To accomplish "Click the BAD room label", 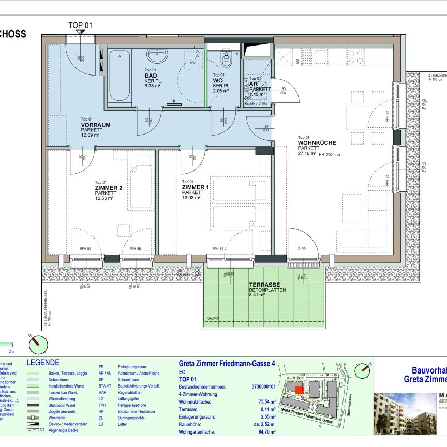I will coord(151,76).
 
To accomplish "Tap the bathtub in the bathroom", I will coord(120,76).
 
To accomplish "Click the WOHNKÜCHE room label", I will coord(317,143).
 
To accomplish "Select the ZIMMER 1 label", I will coord(196,187).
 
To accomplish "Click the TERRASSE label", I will coord(264,285).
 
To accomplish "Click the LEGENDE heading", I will coord(43,363).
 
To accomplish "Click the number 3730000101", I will coord(263,386).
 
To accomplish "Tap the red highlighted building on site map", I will coord(299,391).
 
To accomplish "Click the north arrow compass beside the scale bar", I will coord(38,343).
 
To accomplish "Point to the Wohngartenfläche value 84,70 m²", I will coord(265,431).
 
